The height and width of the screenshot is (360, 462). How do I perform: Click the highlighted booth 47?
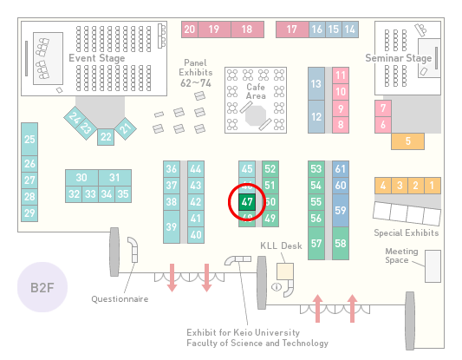click(247, 202)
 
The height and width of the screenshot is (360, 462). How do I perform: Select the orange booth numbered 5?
click(407, 141)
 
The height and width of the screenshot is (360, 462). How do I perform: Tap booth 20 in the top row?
click(190, 29)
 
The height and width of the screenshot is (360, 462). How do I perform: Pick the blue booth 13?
click(316, 84)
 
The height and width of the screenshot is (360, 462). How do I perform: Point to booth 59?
click(341, 210)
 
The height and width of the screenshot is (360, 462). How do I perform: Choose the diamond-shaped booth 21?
click(126, 128)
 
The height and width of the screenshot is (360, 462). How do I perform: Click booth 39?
click(172, 226)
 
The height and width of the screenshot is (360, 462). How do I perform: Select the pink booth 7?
click(383, 108)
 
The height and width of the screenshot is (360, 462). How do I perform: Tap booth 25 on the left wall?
click(29, 139)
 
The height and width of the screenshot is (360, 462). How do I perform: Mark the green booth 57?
click(316, 243)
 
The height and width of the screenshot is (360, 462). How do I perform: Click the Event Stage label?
click(96, 58)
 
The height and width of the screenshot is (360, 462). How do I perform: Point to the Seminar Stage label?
click(399, 58)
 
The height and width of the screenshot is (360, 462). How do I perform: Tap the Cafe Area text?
click(256, 91)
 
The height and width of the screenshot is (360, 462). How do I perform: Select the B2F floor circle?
click(42, 287)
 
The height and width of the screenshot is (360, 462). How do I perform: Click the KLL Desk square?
click(285, 272)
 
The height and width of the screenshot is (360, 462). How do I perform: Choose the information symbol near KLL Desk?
click(277, 286)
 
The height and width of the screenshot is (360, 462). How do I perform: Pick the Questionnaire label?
click(120, 299)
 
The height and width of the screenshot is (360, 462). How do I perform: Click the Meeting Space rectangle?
click(433, 266)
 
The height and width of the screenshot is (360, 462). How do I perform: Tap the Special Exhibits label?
click(407, 233)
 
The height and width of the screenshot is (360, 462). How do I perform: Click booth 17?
click(292, 29)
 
